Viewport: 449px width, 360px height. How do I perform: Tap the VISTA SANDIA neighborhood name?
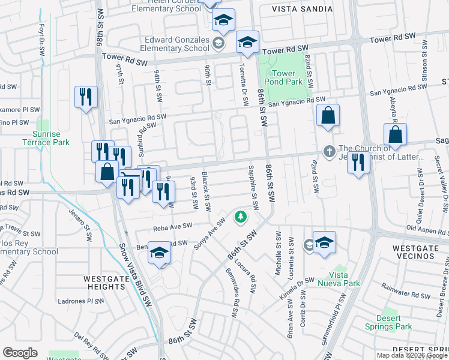click(302, 9)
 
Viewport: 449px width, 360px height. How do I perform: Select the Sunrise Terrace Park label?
click(45, 137)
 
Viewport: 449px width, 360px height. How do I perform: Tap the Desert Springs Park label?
click(388, 322)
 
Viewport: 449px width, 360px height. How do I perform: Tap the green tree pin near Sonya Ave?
click(241, 216)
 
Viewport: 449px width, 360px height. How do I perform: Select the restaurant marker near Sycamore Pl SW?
click(86, 97)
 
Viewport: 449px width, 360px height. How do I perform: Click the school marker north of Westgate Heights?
click(160, 253)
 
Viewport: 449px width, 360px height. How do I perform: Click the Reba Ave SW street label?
click(172, 227)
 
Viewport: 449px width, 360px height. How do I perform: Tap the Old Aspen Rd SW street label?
click(427, 228)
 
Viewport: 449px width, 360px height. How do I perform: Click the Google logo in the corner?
click(20, 352)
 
